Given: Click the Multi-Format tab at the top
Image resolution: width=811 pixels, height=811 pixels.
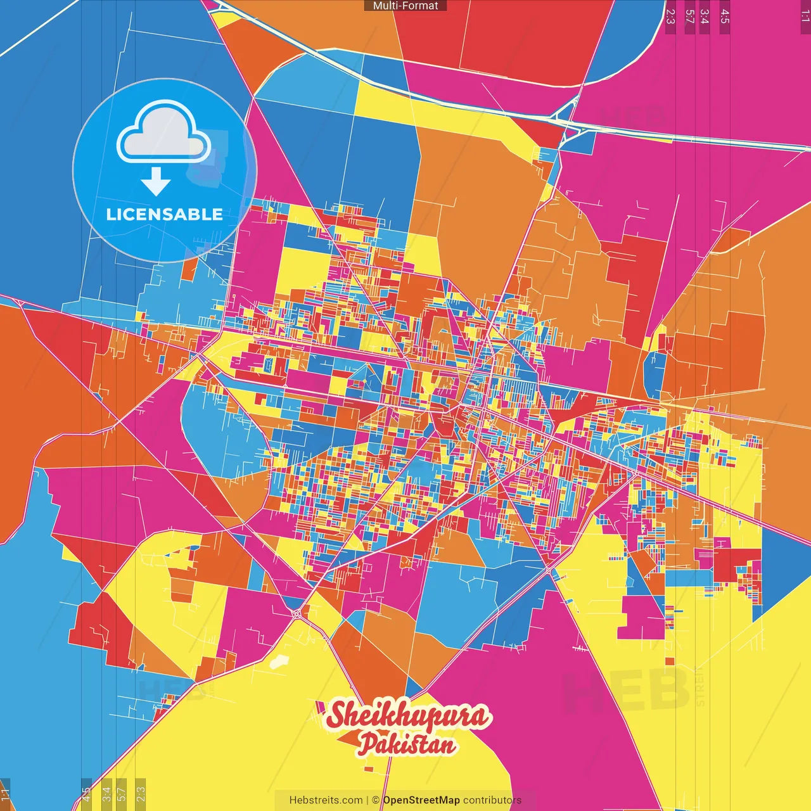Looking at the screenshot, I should click(405, 6).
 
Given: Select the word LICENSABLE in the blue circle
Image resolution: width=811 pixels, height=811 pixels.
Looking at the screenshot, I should click(164, 214).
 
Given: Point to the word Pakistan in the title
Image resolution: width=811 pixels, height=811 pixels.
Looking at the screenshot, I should click(407, 744).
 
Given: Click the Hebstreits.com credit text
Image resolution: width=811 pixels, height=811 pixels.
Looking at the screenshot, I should click(326, 800).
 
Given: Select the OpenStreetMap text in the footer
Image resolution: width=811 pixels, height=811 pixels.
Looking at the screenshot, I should click(421, 800).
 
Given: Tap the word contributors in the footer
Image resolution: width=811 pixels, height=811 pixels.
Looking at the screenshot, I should click(492, 800).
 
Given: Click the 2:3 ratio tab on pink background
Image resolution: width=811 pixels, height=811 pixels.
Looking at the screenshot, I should click(670, 16).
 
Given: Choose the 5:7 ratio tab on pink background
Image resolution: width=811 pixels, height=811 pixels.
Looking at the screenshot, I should click(690, 16).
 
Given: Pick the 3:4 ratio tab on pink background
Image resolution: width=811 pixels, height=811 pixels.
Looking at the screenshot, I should click(705, 16).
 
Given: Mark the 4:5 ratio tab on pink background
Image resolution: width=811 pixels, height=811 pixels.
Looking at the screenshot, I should click(725, 16).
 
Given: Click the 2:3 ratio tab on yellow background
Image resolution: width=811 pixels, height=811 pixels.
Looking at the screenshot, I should click(141, 794).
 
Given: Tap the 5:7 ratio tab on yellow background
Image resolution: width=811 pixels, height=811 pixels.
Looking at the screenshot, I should click(122, 794).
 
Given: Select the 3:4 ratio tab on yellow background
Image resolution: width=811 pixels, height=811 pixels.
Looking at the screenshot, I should click(106, 794).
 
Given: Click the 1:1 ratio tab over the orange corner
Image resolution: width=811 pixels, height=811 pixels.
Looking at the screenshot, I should click(5, 794).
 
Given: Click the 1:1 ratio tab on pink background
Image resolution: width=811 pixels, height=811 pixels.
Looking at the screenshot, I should click(805, 16).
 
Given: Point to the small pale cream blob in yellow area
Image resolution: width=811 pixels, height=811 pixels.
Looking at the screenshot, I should click(278, 662).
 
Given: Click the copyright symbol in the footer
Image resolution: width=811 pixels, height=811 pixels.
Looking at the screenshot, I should click(376, 800).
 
